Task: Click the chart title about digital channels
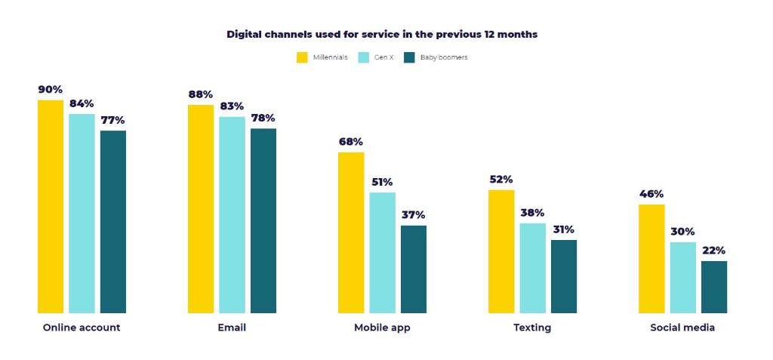(382, 35)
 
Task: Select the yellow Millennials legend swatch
(302, 57)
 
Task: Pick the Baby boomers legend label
(443, 57)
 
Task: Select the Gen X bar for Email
(232, 214)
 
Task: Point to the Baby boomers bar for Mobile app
(413, 269)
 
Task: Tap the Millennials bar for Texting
(501, 251)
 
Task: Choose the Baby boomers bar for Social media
(713, 287)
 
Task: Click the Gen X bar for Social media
(682, 277)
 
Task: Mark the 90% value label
(51, 90)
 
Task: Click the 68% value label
(351, 142)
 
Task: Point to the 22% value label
(713, 251)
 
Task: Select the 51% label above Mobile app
(382, 183)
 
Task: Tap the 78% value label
(263, 118)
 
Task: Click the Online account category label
(82, 328)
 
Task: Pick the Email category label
(232, 328)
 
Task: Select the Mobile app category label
(382, 328)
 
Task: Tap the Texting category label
(532, 328)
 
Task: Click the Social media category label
(682, 328)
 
